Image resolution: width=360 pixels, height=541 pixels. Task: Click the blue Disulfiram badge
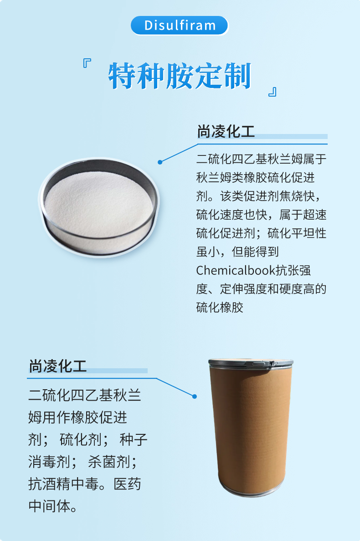[x=179, y=25]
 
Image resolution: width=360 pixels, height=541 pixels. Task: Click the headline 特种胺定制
[x=180, y=76]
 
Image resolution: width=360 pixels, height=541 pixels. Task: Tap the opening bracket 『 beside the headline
[x=87, y=63]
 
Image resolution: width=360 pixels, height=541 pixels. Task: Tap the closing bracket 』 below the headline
[x=273, y=92]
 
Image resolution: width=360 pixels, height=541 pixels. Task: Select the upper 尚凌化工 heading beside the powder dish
[x=226, y=131]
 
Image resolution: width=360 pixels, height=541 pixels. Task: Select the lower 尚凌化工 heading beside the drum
[x=57, y=366]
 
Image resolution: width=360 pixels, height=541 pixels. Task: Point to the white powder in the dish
[x=98, y=204]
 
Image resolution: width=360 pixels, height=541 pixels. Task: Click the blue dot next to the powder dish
[x=160, y=162]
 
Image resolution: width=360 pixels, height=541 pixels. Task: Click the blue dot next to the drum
[x=195, y=397]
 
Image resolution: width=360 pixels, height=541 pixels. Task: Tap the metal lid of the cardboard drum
[x=251, y=363]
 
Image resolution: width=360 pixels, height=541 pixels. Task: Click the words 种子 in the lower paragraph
[x=134, y=439]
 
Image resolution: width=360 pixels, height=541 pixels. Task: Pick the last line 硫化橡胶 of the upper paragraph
[x=220, y=308]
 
